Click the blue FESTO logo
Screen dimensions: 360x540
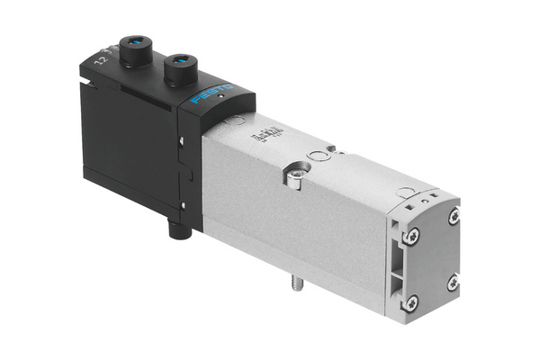(x=212, y=94)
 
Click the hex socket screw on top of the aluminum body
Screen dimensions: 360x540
(x=294, y=173)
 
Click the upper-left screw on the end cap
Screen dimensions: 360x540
(x=411, y=236)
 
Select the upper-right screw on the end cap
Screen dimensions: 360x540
(x=453, y=216)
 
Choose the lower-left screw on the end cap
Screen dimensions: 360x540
(x=411, y=301)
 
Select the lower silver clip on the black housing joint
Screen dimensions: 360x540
(x=184, y=205)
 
